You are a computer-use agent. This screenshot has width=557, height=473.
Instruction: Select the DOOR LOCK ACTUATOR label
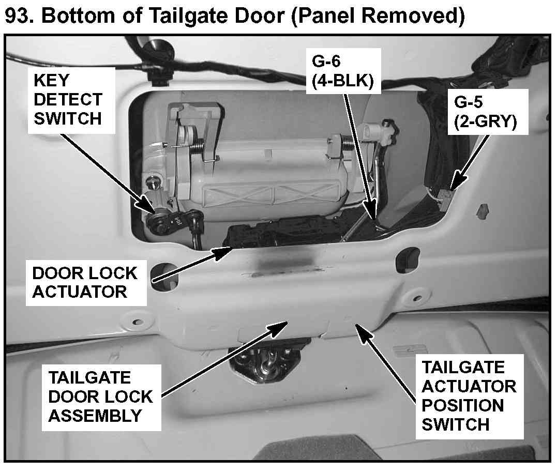[84, 282]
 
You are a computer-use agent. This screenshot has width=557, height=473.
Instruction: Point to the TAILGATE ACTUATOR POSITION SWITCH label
[469, 396]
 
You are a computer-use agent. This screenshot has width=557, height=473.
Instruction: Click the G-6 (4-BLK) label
[342, 73]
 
